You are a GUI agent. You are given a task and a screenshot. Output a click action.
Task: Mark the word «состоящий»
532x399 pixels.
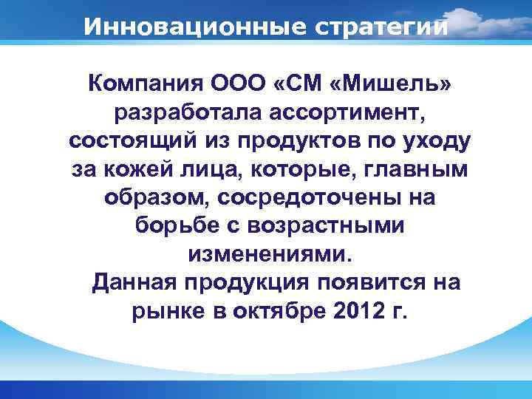tap(123, 143)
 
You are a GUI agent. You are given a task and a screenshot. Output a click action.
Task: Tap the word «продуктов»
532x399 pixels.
tap(290, 143)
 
